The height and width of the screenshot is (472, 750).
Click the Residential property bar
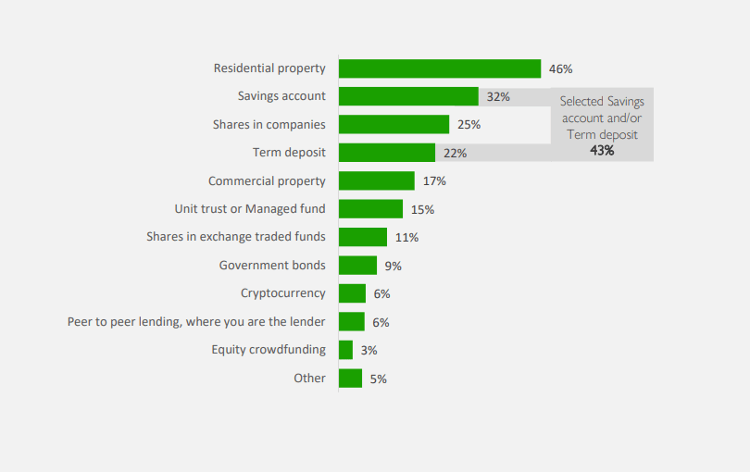point(440,68)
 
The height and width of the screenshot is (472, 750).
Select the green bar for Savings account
point(408,96)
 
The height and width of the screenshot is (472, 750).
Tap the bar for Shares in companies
point(394,124)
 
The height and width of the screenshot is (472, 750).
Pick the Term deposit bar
point(387,153)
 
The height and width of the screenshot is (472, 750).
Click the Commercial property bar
point(377,180)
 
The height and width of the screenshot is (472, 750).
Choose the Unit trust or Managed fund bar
point(371,209)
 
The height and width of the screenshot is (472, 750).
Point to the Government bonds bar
point(358,266)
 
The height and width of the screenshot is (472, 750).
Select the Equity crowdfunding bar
point(346,350)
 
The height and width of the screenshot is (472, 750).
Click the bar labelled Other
point(351,378)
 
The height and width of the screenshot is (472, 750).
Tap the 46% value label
point(561,68)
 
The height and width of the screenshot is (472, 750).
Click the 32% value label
point(498,96)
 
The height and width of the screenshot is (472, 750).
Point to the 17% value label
point(434,181)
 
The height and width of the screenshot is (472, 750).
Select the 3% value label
point(369,351)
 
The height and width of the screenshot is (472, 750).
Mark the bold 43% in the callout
point(602,150)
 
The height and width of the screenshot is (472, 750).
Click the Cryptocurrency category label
point(283,293)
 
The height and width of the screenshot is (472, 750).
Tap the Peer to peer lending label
point(196,321)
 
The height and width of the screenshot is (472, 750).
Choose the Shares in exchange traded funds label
point(236,237)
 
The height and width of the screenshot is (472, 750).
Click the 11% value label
point(406,238)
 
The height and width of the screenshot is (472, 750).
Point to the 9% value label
point(394,267)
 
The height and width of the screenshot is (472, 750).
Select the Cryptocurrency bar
point(352,293)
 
